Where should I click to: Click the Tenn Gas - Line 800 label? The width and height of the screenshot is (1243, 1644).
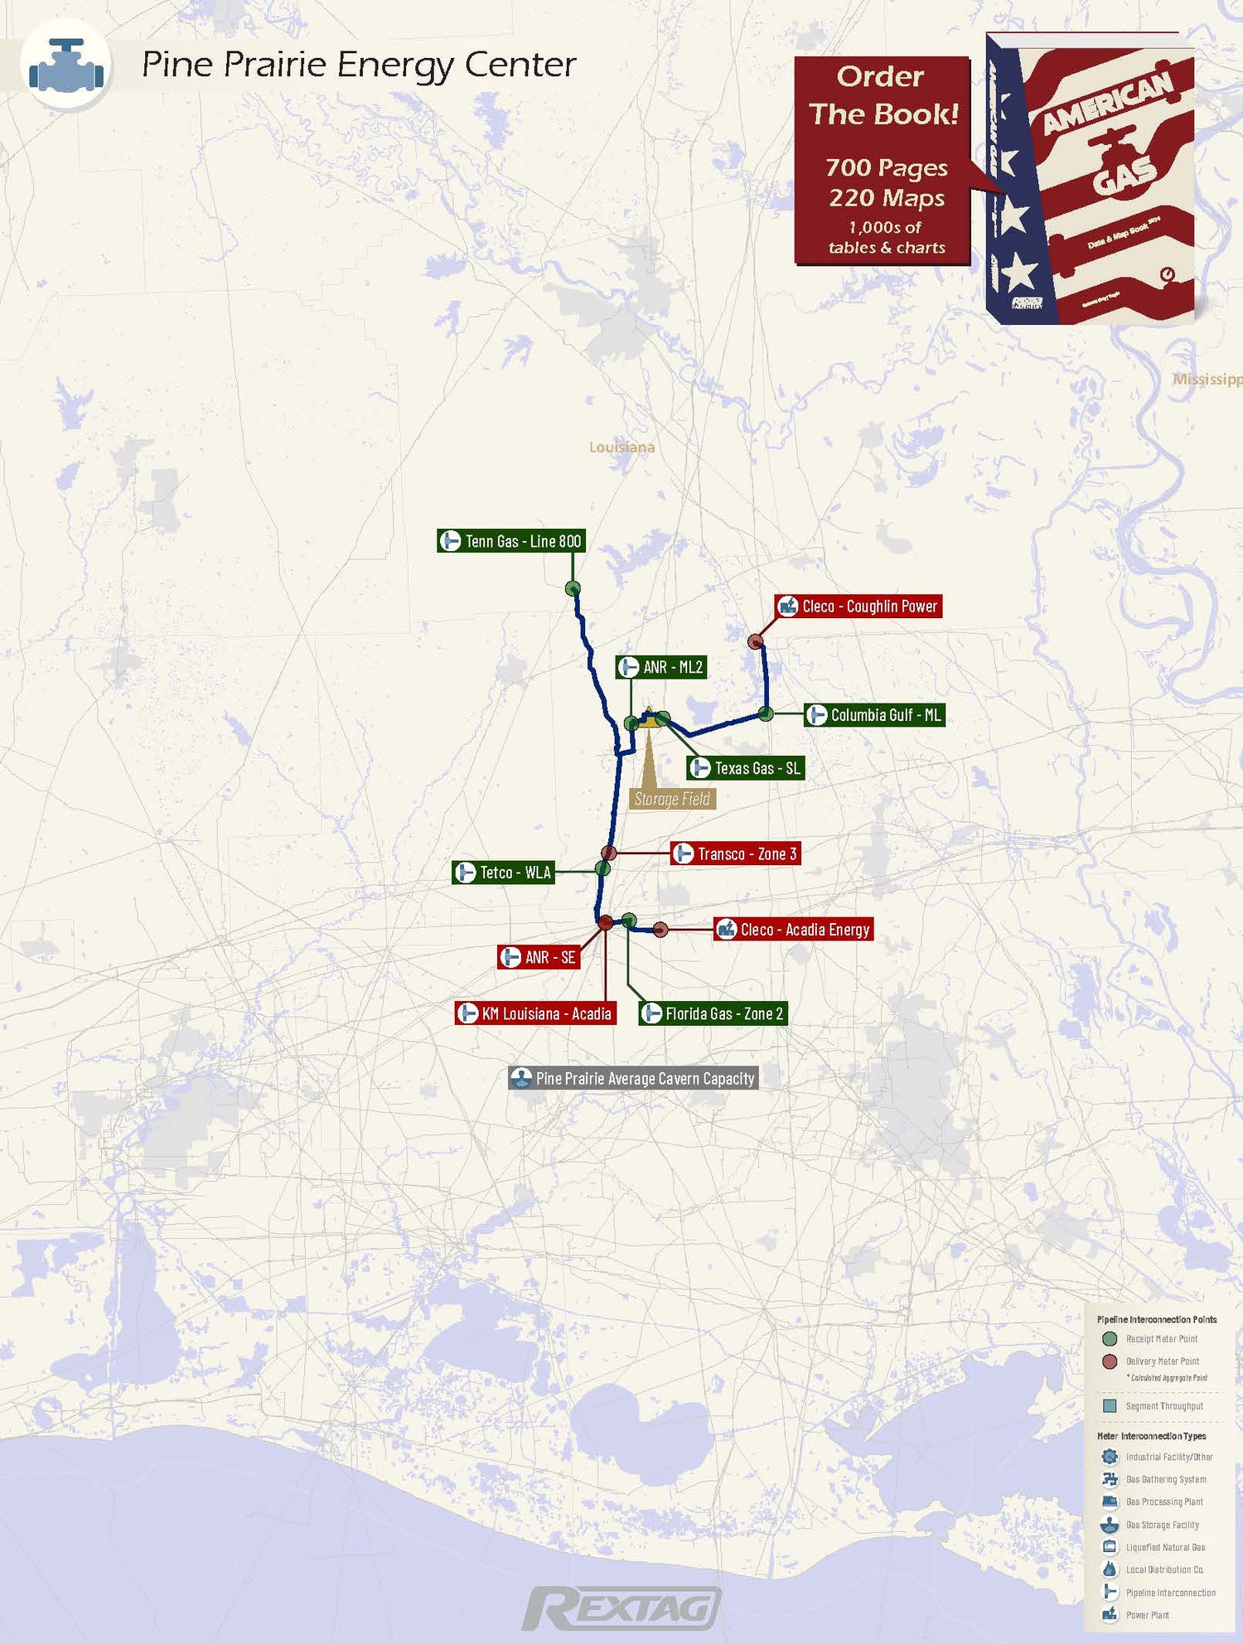coord(511,541)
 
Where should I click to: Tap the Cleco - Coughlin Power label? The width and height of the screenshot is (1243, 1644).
coord(858,607)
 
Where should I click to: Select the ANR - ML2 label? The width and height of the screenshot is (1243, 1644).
coord(661,667)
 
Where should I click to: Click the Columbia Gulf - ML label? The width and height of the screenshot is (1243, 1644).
coord(874,715)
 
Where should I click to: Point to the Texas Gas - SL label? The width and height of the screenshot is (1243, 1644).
coord(746,768)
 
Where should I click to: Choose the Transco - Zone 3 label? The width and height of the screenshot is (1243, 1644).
coord(736,853)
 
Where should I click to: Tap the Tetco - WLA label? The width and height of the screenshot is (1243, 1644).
coord(503,873)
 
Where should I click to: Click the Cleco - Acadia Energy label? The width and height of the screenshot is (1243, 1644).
coord(794,930)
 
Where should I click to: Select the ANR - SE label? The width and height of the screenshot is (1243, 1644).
coord(539,957)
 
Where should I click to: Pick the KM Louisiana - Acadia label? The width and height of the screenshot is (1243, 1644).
coord(536,1013)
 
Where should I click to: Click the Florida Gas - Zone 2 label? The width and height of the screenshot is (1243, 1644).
coord(713,1013)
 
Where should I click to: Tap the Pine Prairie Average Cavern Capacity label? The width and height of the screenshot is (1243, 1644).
coord(633,1078)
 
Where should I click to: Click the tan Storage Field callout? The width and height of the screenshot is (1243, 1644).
coord(671,799)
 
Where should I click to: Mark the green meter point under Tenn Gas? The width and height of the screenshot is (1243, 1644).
coord(573,588)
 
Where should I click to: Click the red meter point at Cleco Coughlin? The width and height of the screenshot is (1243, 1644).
coord(756,641)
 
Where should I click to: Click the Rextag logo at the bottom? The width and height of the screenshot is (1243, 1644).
coord(621,1608)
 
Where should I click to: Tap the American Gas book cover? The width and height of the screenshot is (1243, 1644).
coord(1090,178)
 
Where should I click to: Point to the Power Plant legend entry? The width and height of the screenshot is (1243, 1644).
coord(1147,1615)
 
